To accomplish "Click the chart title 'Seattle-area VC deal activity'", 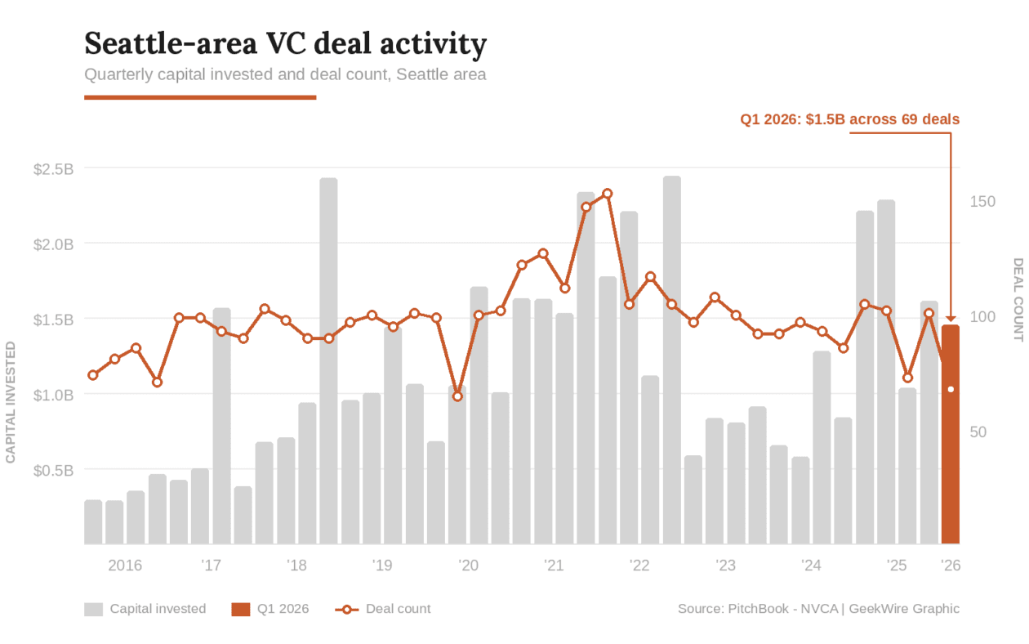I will [x=285, y=43].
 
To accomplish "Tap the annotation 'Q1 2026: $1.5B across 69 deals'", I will [x=849, y=119].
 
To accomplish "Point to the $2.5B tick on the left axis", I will [x=54, y=169].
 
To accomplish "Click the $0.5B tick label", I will [x=54, y=470].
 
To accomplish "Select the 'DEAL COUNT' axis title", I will [x=1018, y=299].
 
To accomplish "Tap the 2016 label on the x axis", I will [x=125, y=566].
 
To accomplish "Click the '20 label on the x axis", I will [x=468, y=566].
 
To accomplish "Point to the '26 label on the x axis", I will [x=950, y=566].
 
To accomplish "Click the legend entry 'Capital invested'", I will [x=158, y=609].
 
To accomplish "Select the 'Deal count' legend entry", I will [x=398, y=609].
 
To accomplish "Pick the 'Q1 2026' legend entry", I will [x=283, y=609].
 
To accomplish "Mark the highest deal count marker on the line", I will [x=607, y=194].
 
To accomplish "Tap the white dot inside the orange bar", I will [x=951, y=389].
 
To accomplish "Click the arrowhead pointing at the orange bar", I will [x=951, y=318].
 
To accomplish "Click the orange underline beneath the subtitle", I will [x=200, y=97].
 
